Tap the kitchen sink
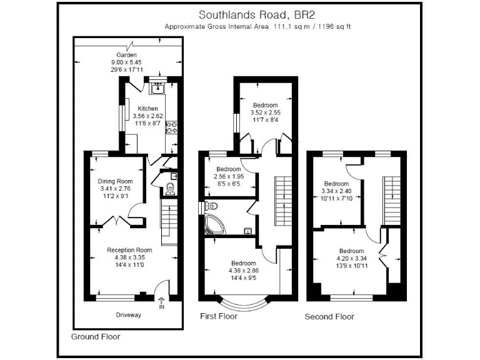[x=157, y=87]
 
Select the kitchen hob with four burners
[x=171, y=127]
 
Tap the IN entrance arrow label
[x=162, y=304]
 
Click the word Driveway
[x=129, y=314]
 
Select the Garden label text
[x=126, y=55]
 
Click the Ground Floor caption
[x=96, y=336]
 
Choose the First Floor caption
[x=218, y=316]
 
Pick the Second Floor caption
[x=329, y=316]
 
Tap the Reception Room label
[x=129, y=250]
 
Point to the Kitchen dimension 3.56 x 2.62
[x=147, y=116]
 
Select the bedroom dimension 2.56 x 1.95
[x=227, y=177]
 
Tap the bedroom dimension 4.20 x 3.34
[x=351, y=258]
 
